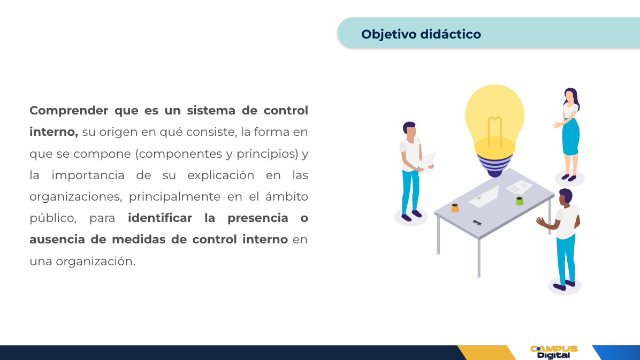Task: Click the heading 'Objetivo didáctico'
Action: click(x=421, y=34)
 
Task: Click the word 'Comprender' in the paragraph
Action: click(x=69, y=111)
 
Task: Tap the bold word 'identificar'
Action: click(x=160, y=218)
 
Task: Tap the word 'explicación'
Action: click(x=221, y=175)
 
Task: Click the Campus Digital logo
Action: click(x=553, y=353)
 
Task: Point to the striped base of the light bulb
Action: click(x=494, y=165)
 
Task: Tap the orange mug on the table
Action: click(x=455, y=208)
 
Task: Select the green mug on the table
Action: click(x=519, y=201)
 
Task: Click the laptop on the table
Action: click(x=484, y=197)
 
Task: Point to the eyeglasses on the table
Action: click(x=477, y=223)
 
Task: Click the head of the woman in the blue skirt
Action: click(x=570, y=96)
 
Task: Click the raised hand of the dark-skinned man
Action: click(x=541, y=221)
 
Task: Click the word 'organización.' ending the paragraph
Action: click(x=95, y=262)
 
